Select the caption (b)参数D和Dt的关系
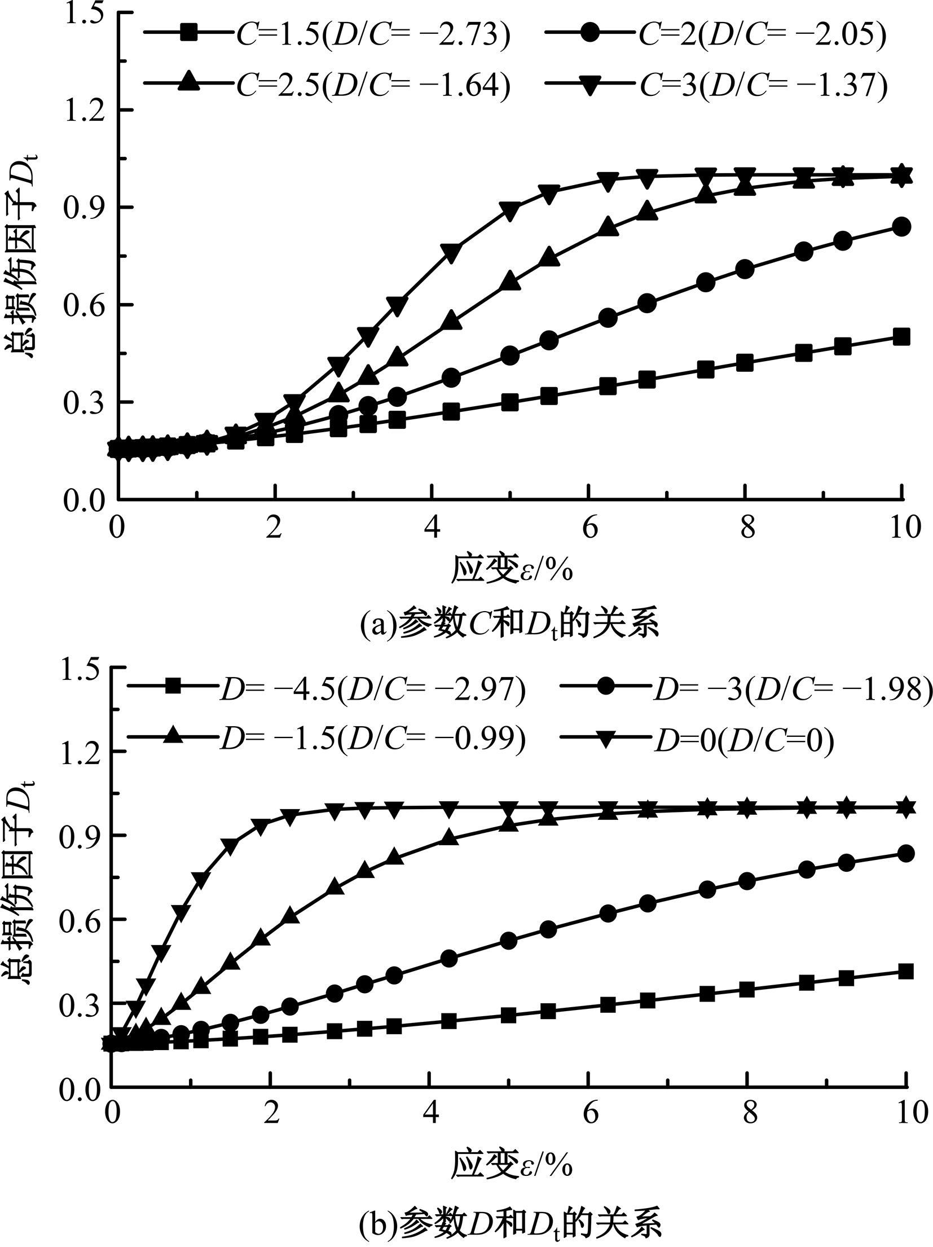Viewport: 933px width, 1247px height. coord(510,1222)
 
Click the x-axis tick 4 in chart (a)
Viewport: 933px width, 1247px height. coord(432,528)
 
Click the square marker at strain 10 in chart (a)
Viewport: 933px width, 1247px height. coord(901,337)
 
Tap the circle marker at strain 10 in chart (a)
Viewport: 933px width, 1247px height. coord(901,227)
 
